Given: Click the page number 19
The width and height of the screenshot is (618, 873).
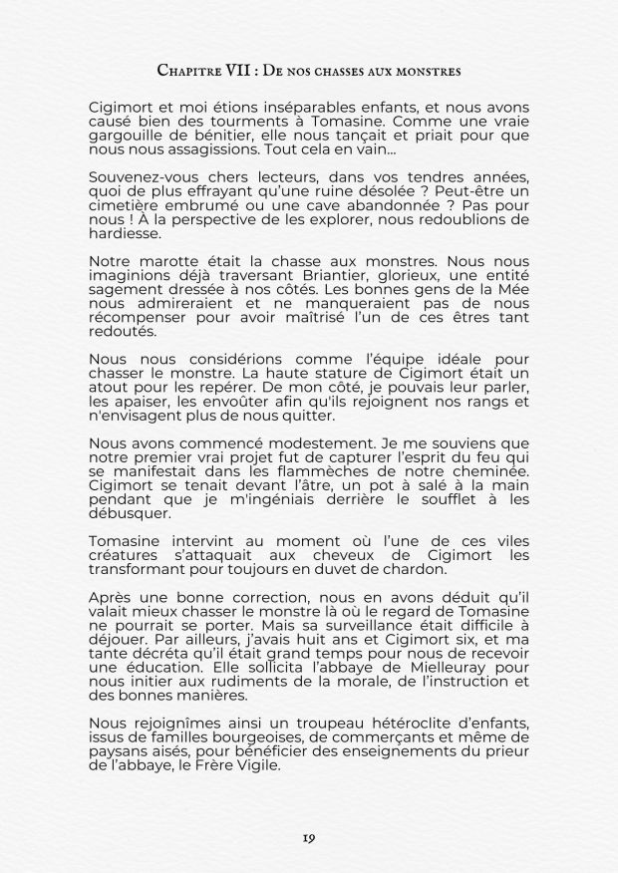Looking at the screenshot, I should click(309, 838).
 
